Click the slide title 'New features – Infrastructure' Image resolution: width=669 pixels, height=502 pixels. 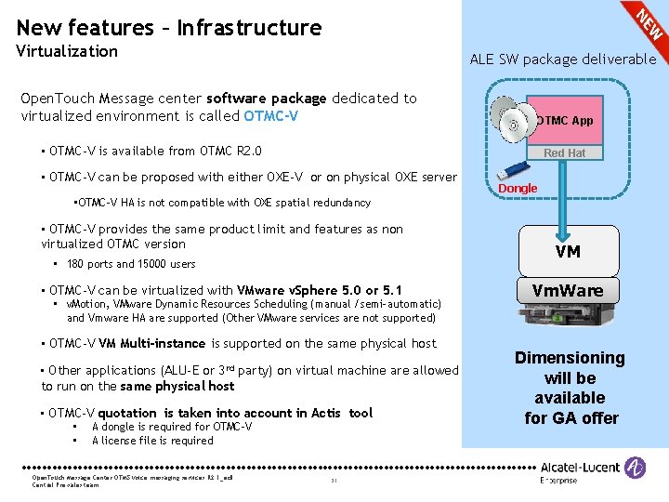coord(169,28)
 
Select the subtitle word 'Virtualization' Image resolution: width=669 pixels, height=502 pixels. coord(67,51)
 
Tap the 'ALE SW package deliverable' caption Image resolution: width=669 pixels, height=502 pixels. coord(563,59)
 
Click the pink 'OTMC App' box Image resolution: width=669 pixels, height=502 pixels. coord(565,120)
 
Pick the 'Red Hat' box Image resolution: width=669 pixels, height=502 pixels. coord(565,152)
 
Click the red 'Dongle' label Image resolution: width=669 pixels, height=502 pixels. coord(518,189)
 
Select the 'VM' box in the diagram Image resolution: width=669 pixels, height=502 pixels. coord(568,251)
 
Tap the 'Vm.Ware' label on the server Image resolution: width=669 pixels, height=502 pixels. coord(568,291)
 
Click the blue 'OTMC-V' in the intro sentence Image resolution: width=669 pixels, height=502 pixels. coord(271,116)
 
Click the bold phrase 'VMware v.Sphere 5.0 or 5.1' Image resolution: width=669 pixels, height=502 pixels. coord(320,290)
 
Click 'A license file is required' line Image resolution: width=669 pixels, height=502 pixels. coord(152,441)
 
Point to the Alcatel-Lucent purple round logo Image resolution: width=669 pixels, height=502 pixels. coord(635,468)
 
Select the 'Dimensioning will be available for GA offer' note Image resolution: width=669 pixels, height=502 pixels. coord(571,388)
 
